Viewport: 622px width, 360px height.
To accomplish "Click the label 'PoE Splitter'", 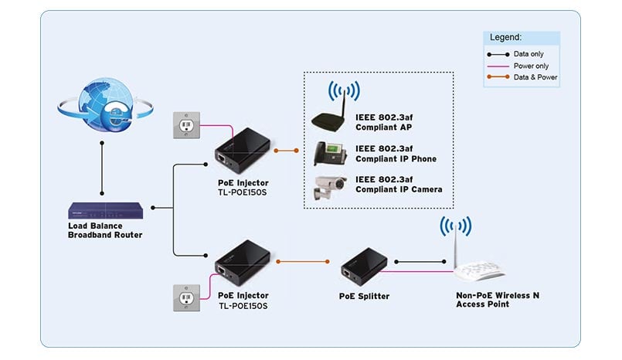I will pos(364,296).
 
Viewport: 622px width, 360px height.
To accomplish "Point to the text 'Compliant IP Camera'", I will pos(399,188).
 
